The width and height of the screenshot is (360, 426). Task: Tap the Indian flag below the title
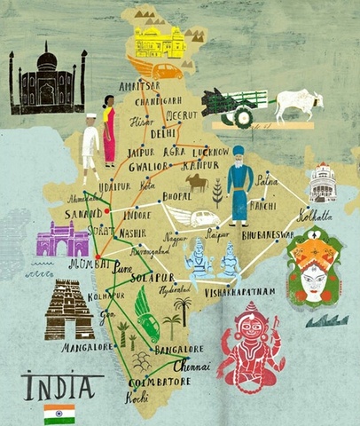point(59,414)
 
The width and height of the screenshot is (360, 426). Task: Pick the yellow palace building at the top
point(160,41)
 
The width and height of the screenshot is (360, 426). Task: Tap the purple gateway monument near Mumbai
point(63,239)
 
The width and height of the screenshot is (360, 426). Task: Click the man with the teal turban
point(239,191)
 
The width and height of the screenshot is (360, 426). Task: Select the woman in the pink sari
point(109,130)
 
